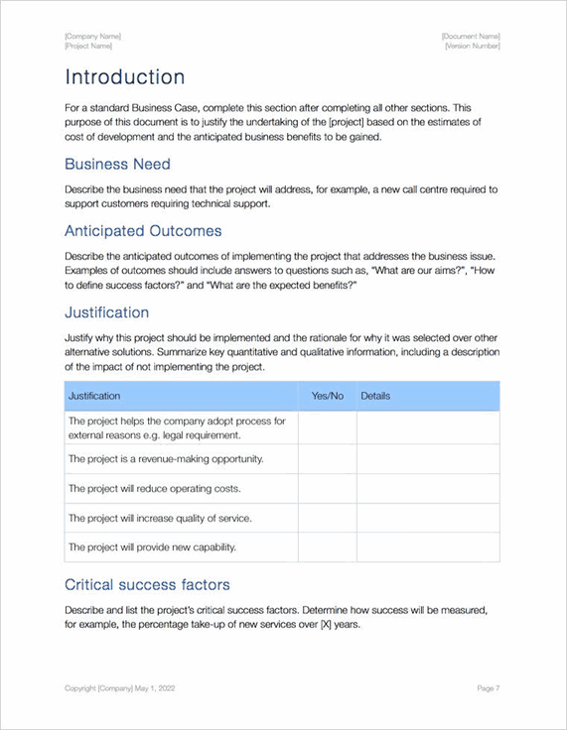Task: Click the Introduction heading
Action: pyautogui.click(x=124, y=77)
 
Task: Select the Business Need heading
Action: pyautogui.click(x=117, y=164)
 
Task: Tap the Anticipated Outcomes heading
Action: pyautogui.click(x=142, y=231)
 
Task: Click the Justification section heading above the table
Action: pyautogui.click(x=106, y=312)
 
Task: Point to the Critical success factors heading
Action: pyautogui.click(x=147, y=584)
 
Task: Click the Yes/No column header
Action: pyautogui.click(x=327, y=396)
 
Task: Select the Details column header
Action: pyautogui.click(x=375, y=396)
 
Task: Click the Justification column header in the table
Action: pyautogui.click(x=94, y=396)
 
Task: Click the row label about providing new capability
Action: pyautogui.click(x=152, y=547)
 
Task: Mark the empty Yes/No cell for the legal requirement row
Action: pyautogui.click(x=327, y=427)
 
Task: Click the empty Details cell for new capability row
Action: pyautogui.click(x=428, y=547)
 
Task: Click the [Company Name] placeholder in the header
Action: pyautogui.click(x=92, y=36)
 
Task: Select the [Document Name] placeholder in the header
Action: pyautogui.click(x=471, y=36)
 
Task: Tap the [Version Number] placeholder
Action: pyautogui.click(x=472, y=46)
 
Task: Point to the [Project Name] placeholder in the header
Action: pyautogui.click(x=88, y=46)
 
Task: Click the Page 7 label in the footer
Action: pyautogui.click(x=488, y=687)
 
